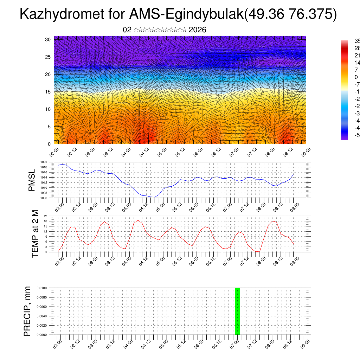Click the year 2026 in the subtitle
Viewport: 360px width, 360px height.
[x=197, y=30]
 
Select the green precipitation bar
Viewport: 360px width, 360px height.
[x=237, y=311]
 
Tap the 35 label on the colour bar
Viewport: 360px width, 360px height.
[x=356, y=41]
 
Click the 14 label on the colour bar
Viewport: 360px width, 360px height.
[x=356, y=63]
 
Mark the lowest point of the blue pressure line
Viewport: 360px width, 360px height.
[x=154, y=197]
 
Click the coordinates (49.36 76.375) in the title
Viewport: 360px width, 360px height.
[x=290, y=14]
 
